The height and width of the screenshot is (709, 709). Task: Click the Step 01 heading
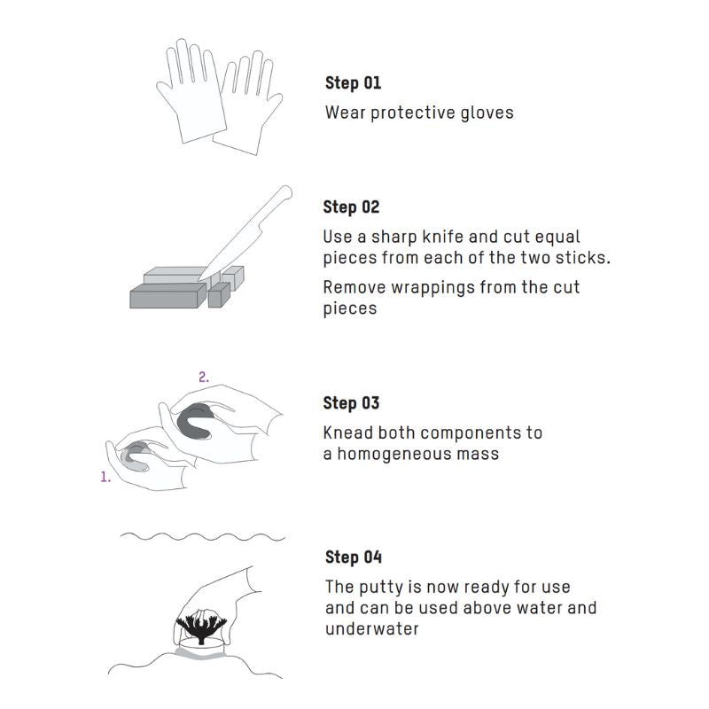point(353,83)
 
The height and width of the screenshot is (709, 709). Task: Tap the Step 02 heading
point(351,207)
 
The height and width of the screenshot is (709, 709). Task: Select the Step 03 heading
point(351,403)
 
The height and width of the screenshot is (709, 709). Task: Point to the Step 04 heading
point(354,557)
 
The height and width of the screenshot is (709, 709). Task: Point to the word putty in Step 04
point(381,588)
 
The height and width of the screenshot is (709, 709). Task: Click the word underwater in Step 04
point(371,628)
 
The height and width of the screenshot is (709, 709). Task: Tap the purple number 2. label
point(204,377)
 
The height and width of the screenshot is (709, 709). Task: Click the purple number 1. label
point(105,477)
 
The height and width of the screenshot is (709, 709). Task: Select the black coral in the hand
point(201,625)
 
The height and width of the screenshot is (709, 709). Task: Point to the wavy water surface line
point(203,537)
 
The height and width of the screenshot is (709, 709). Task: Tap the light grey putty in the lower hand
point(135,457)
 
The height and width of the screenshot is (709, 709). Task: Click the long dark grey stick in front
point(168,296)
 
